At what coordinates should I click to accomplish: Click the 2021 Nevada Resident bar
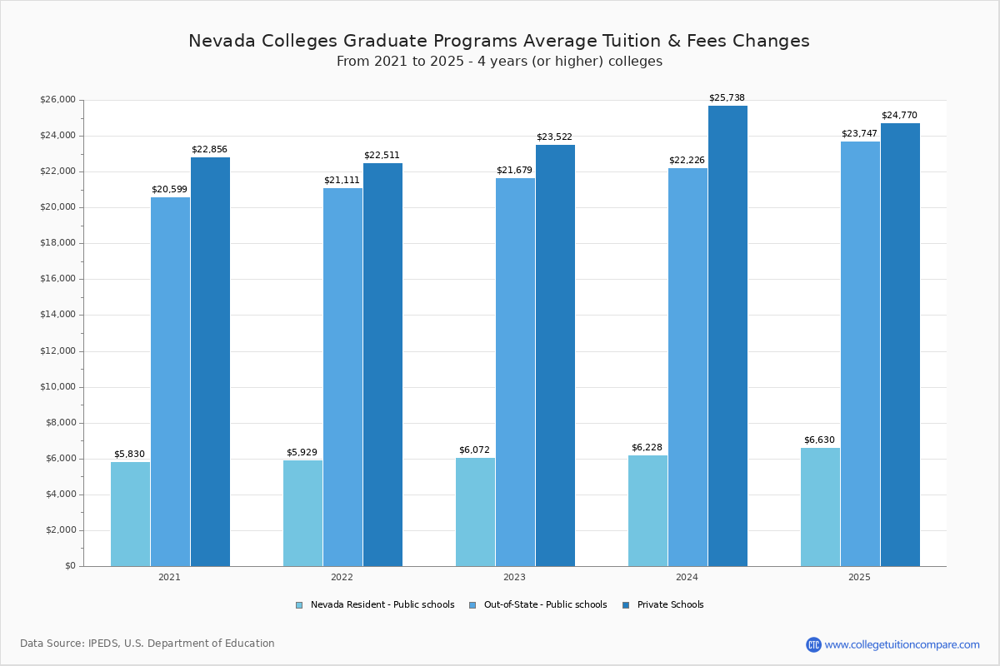click(130, 514)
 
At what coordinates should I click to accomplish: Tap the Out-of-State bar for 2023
click(515, 372)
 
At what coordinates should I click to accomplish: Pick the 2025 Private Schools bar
click(900, 345)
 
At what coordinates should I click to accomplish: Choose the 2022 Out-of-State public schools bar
click(342, 377)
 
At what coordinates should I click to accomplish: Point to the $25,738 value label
click(727, 97)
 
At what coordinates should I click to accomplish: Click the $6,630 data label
click(819, 440)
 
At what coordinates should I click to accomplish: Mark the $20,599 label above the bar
click(169, 189)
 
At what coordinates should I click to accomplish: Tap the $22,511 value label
click(382, 155)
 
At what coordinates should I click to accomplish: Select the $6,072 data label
click(474, 450)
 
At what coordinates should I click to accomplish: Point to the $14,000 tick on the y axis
click(57, 315)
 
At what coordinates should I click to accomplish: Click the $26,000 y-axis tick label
click(57, 100)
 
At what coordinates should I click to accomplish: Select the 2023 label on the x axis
click(514, 577)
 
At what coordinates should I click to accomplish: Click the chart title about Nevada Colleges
click(499, 41)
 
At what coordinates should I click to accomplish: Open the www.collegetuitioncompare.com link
click(902, 644)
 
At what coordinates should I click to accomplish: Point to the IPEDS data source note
click(147, 644)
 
